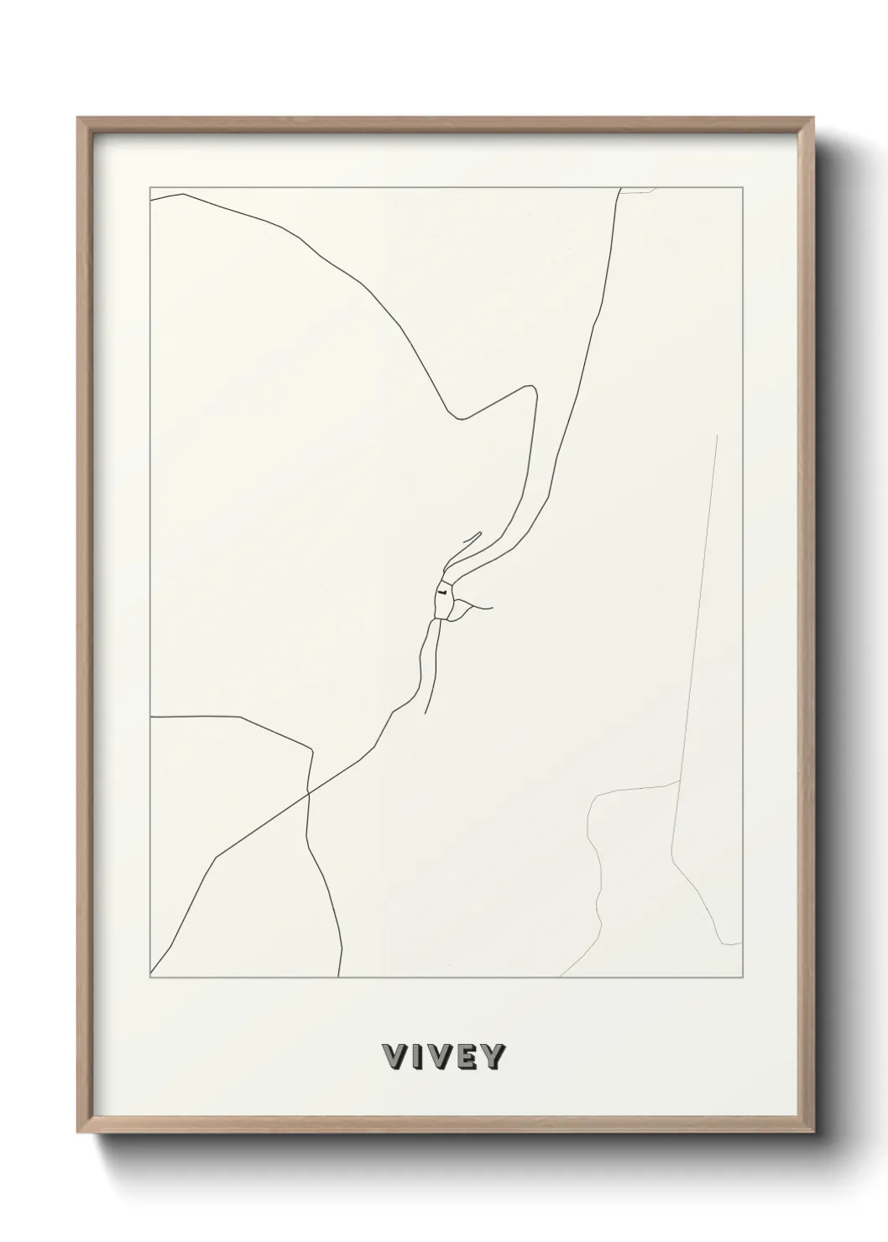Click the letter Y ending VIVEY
click(x=492, y=1056)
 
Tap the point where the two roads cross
click(x=309, y=791)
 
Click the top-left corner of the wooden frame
click(x=79, y=118)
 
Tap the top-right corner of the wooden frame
click(x=813, y=118)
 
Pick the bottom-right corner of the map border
click(x=743, y=978)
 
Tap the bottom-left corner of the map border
click(x=150, y=978)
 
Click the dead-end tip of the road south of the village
click(x=426, y=713)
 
